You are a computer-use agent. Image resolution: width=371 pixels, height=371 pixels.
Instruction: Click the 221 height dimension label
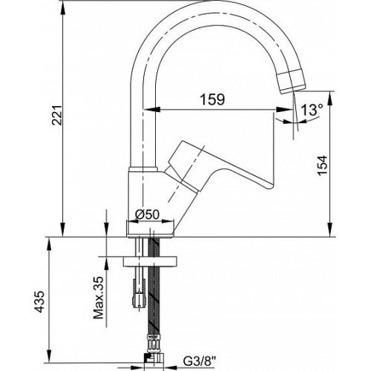point(57,116)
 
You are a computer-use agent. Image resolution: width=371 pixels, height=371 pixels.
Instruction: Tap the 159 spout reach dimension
point(212,99)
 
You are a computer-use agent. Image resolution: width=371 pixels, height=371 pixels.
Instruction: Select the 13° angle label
point(312,110)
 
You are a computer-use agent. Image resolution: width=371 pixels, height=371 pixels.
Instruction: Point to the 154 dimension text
point(322,165)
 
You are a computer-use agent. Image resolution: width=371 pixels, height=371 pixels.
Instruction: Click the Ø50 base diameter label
point(148,214)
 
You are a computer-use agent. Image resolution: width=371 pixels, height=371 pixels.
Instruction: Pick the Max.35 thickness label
point(99,298)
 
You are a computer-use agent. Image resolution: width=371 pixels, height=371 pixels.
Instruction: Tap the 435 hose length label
point(39,301)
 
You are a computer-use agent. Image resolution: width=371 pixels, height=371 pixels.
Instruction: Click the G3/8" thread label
point(200,362)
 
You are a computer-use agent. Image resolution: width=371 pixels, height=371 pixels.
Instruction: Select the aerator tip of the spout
point(291,81)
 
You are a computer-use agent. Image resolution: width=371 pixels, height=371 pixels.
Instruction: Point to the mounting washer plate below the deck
point(150,262)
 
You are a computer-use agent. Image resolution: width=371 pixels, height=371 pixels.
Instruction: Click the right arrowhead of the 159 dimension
point(283,109)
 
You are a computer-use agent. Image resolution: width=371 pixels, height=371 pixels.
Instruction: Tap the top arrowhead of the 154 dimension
point(330,99)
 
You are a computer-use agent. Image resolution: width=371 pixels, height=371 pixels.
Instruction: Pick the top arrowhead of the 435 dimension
point(50,246)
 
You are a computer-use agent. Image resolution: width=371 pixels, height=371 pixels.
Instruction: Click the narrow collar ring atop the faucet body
point(143,169)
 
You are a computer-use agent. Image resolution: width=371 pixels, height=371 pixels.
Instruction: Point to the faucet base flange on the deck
point(150,229)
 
